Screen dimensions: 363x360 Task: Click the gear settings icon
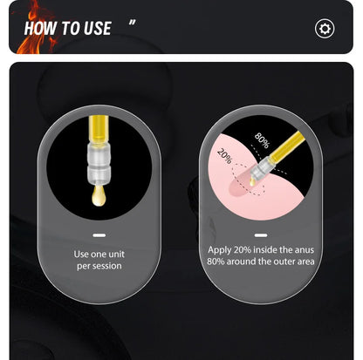point(325,29)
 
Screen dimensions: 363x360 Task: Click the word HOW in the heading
point(40,28)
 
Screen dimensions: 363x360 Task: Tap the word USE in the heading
point(98,28)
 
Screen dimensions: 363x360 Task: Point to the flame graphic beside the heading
point(35,28)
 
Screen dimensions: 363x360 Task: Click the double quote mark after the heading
point(132,23)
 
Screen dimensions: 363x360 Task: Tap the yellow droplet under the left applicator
point(99,195)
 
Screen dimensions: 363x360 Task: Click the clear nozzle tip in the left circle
point(99,163)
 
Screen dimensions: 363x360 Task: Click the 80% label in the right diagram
point(262,140)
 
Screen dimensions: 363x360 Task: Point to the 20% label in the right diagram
point(225,156)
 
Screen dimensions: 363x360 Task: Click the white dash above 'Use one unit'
point(99,235)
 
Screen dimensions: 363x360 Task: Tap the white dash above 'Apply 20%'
point(261,235)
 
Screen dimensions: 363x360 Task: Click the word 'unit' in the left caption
point(116,255)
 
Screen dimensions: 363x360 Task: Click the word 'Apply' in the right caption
point(220,250)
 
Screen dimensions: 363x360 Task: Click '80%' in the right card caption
point(216,262)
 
